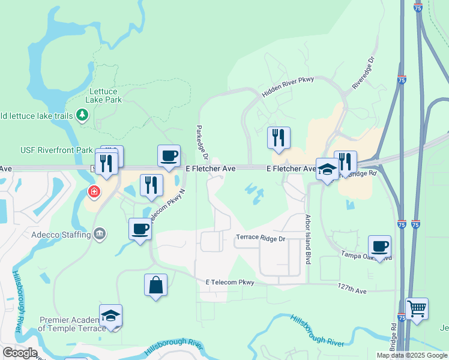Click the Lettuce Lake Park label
[x=105, y=95]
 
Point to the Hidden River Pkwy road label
[x=288, y=88]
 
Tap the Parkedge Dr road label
[x=200, y=143]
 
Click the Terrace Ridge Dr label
[x=260, y=238]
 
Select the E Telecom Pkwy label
[x=230, y=282]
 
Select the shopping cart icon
[x=417, y=308]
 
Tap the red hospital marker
[x=93, y=192]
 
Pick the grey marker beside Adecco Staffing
[x=100, y=233]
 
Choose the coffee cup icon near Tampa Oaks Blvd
[x=380, y=246]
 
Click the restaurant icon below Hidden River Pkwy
[x=279, y=137]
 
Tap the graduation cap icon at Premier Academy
[x=111, y=316]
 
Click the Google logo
[x=19, y=353]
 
